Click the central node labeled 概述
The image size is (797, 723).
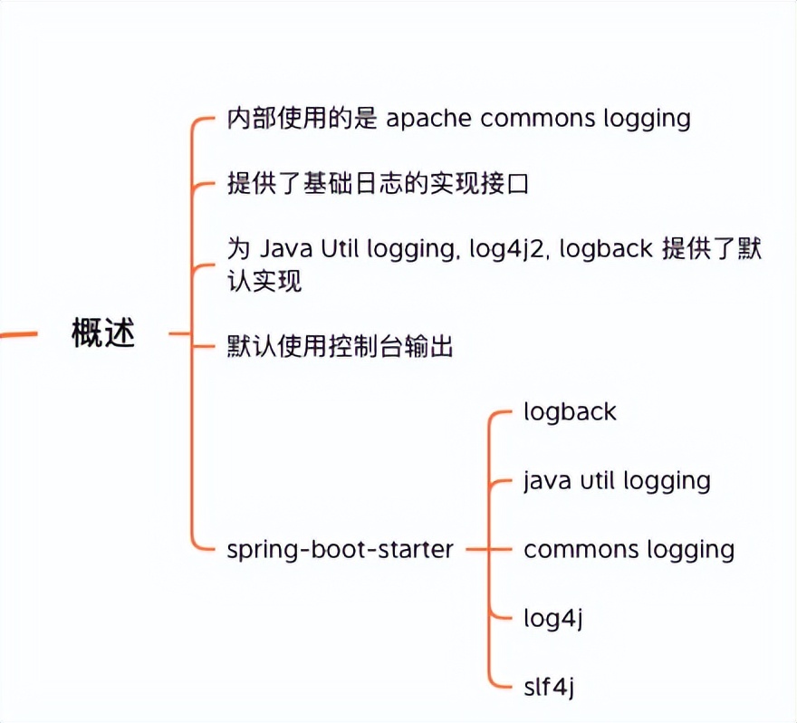coord(103,334)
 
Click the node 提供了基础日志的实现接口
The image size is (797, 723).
coord(377,185)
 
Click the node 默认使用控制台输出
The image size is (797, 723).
coord(340,347)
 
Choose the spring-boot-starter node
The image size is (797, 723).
coord(340,550)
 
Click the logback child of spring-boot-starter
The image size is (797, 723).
coord(570,412)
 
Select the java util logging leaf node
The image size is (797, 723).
coord(617,481)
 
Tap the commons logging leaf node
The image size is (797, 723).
coord(629,550)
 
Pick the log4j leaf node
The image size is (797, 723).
coord(552,619)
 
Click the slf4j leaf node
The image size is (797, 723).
coord(549,688)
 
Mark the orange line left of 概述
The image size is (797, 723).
coord(18,334)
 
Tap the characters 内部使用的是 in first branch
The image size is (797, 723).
coord(302,119)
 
